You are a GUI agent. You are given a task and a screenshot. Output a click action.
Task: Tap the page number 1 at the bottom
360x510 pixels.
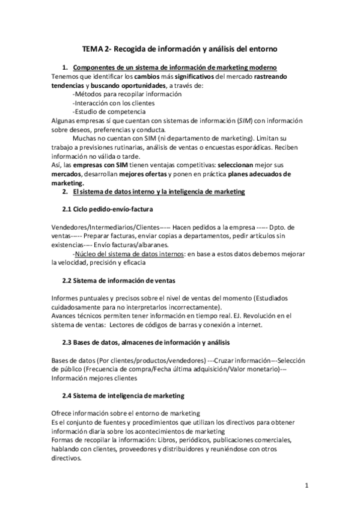307,485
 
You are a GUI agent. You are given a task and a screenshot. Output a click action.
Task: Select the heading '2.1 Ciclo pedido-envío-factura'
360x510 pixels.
108,209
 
